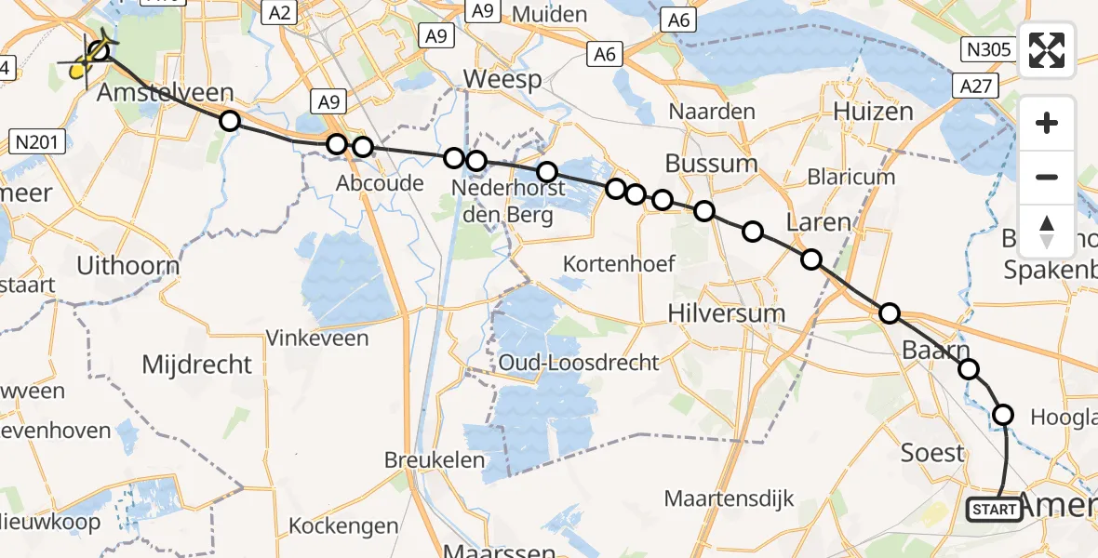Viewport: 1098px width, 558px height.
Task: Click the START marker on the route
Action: pos(994,509)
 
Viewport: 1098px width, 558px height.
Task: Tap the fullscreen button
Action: pos(1047,50)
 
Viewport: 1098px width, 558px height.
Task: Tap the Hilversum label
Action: pos(727,313)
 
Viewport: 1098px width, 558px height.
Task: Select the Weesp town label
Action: pos(502,79)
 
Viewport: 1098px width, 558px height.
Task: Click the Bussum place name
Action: pos(711,164)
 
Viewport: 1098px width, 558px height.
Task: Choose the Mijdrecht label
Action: pos(196,365)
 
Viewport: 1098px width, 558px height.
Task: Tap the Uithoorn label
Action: pos(127,265)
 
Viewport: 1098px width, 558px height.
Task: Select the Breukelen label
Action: pos(435,459)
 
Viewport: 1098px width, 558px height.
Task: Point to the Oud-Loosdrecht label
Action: pos(578,363)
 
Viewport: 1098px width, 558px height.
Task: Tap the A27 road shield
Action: pos(974,86)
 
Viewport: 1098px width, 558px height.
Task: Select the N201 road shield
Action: pos(38,142)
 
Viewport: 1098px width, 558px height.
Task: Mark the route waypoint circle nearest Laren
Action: pos(811,259)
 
